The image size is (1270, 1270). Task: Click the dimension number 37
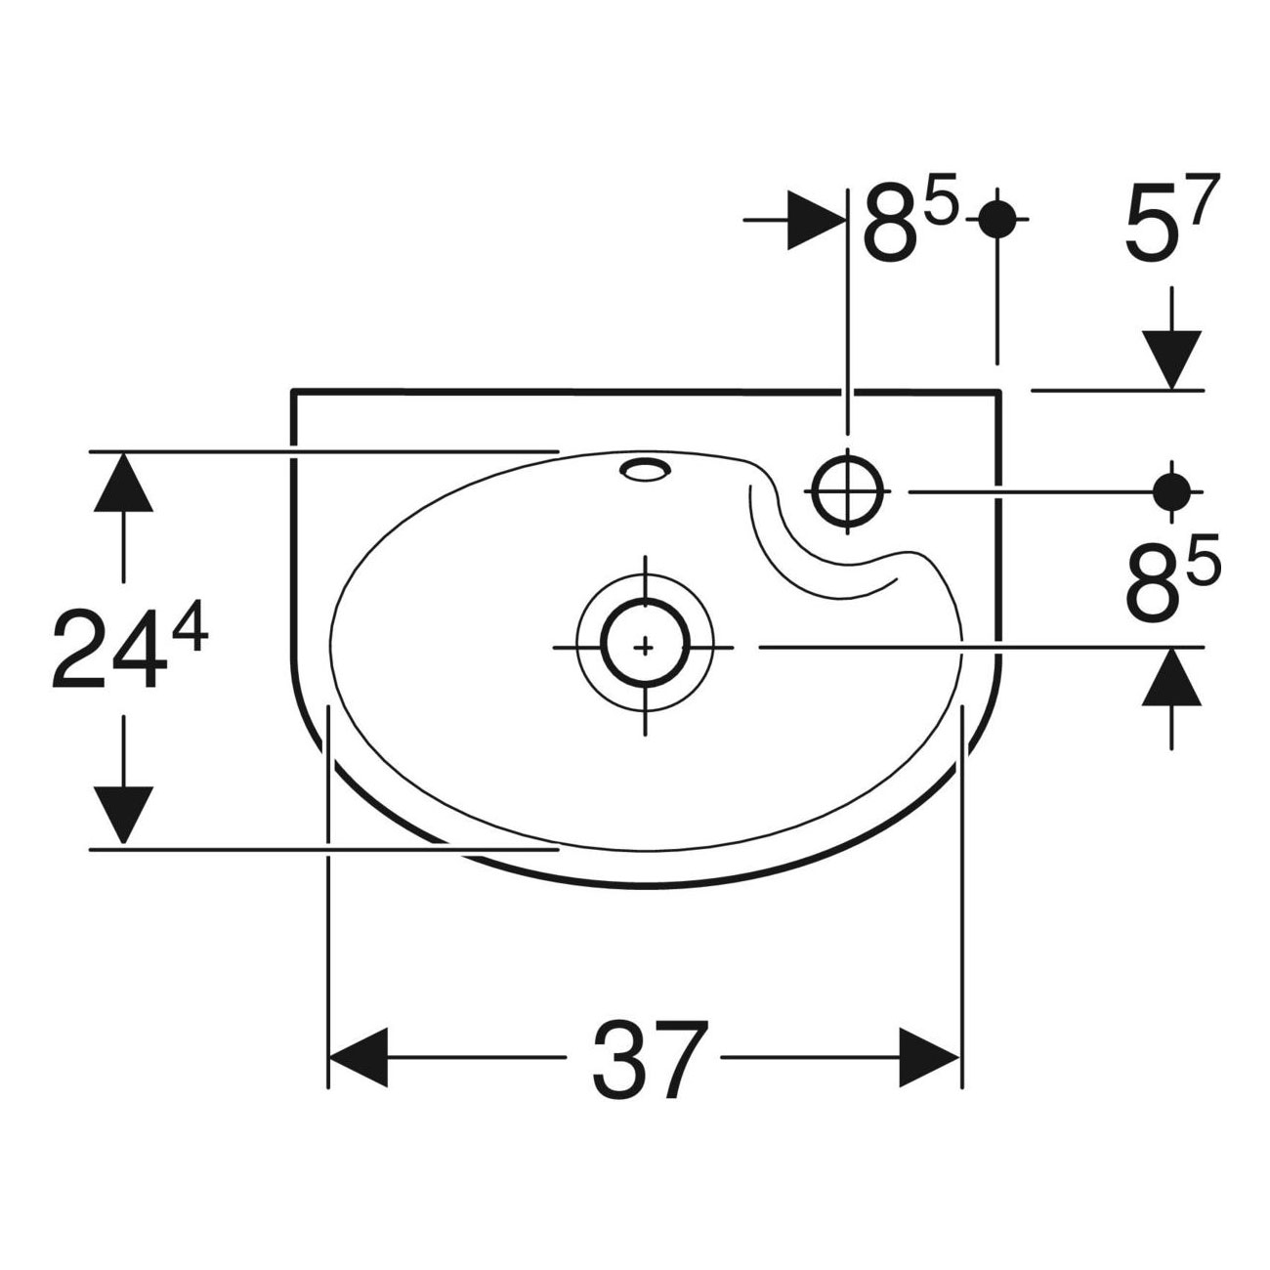pos(651,1059)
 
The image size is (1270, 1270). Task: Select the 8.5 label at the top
pos(910,217)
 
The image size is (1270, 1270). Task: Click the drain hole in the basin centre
pos(645,647)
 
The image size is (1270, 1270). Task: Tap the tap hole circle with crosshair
pos(847,491)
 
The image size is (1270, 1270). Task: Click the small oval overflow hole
pos(645,469)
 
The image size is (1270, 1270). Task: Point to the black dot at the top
pos(997,219)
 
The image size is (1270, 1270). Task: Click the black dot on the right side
pos(1171,491)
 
